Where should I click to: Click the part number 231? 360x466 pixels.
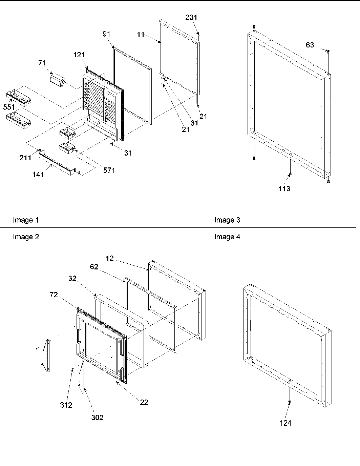pos(191,17)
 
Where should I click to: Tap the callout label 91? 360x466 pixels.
pos(107,34)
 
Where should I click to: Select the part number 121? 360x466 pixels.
pos(79,55)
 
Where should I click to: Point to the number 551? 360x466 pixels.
pos(9,107)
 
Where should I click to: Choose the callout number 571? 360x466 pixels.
pos(109,170)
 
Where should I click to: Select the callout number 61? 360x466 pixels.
pos(194,123)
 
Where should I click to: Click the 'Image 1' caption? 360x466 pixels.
pos(26,220)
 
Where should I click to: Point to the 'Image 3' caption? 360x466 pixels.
pos(227,220)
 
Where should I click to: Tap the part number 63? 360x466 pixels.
pos(310,45)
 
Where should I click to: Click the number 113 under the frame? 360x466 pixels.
pos(284,189)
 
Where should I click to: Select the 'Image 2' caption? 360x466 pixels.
pos(26,237)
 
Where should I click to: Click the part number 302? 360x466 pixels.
pos(97,418)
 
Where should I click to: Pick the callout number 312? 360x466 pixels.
pos(66,405)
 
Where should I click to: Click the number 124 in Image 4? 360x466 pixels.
pos(285,423)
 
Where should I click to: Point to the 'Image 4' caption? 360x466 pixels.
pos(227,237)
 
